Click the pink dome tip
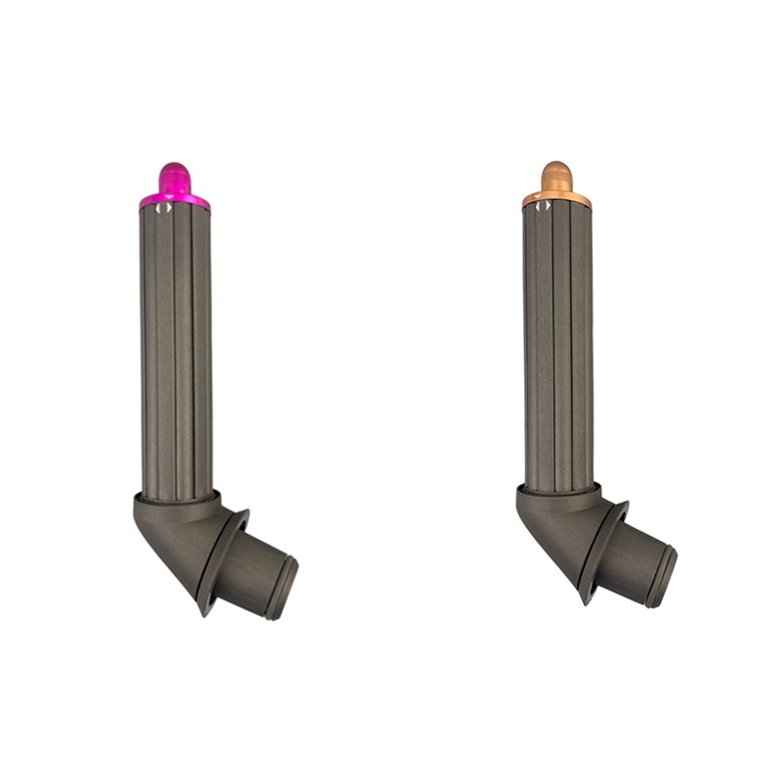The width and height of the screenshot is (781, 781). [174, 177]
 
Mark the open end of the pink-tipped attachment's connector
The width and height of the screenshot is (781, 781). [286, 589]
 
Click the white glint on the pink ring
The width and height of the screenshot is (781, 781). [165, 204]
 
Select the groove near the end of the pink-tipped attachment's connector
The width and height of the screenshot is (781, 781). [275, 584]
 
